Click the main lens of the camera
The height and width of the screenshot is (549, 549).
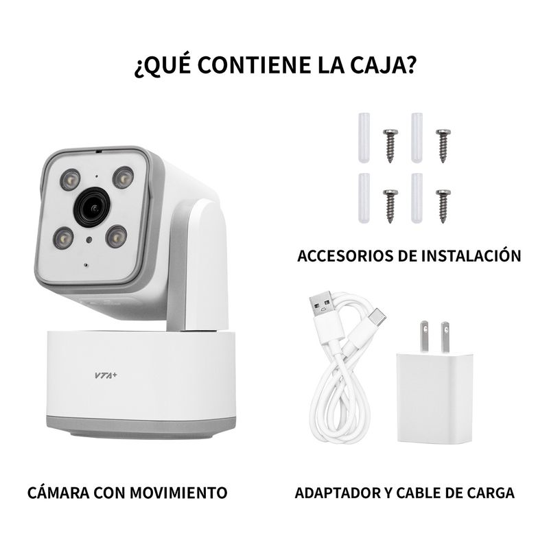point(93,207)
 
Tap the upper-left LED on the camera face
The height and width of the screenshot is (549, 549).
point(71,180)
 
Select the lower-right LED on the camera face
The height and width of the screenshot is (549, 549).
point(116,236)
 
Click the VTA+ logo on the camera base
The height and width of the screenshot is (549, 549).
point(106,375)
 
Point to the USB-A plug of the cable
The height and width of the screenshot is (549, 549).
point(325,307)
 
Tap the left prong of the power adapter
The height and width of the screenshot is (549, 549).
point(425,336)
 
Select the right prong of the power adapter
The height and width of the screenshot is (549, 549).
point(445,337)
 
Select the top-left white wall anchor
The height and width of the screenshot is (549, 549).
point(364,138)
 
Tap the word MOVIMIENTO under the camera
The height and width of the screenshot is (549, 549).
point(178,493)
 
